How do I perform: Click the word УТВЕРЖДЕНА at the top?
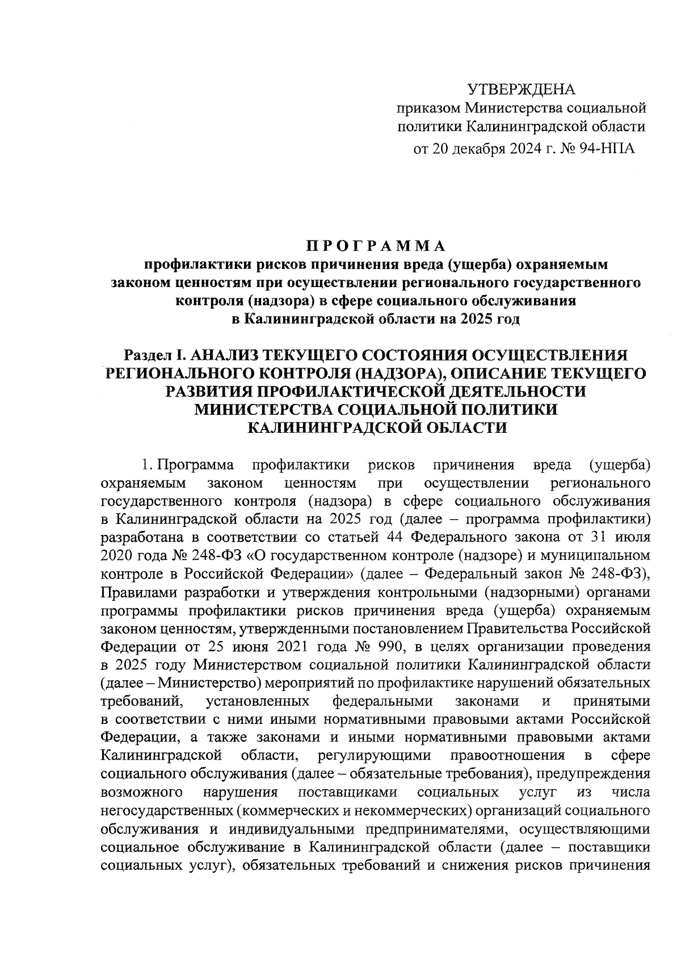click(521, 89)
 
